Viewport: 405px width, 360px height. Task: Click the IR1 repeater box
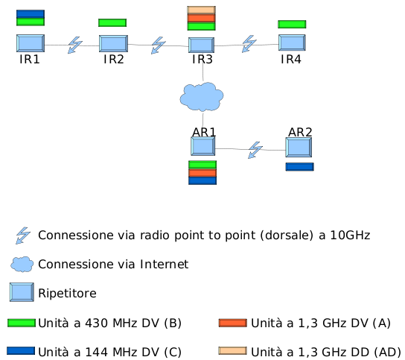(31, 43)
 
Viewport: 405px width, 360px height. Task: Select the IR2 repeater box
(113, 44)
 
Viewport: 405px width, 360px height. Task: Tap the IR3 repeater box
(201, 45)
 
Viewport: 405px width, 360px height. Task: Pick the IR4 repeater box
(292, 42)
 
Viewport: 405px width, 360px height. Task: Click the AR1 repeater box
(203, 146)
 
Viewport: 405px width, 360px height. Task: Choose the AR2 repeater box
(299, 147)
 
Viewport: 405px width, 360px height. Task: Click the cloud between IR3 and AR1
(202, 97)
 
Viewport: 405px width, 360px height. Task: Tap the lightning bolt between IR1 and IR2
(75, 45)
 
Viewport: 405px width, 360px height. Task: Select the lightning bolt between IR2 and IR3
(159, 45)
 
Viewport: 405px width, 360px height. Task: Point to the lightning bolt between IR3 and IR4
(249, 44)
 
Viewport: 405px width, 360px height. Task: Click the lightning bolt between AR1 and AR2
(255, 150)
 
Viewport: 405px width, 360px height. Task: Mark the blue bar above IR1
(31, 14)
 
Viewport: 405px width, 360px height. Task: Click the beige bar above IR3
(202, 10)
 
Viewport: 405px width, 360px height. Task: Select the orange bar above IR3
(202, 18)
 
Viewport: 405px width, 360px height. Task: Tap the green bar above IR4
(292, 25)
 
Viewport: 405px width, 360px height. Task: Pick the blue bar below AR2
(299, 167)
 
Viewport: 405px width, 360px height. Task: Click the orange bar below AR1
(202, 173)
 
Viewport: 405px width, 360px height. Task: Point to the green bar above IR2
(112, 23)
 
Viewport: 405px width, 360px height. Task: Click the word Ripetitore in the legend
(67, 293)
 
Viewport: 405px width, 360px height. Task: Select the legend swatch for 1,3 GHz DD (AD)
(232, 351)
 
